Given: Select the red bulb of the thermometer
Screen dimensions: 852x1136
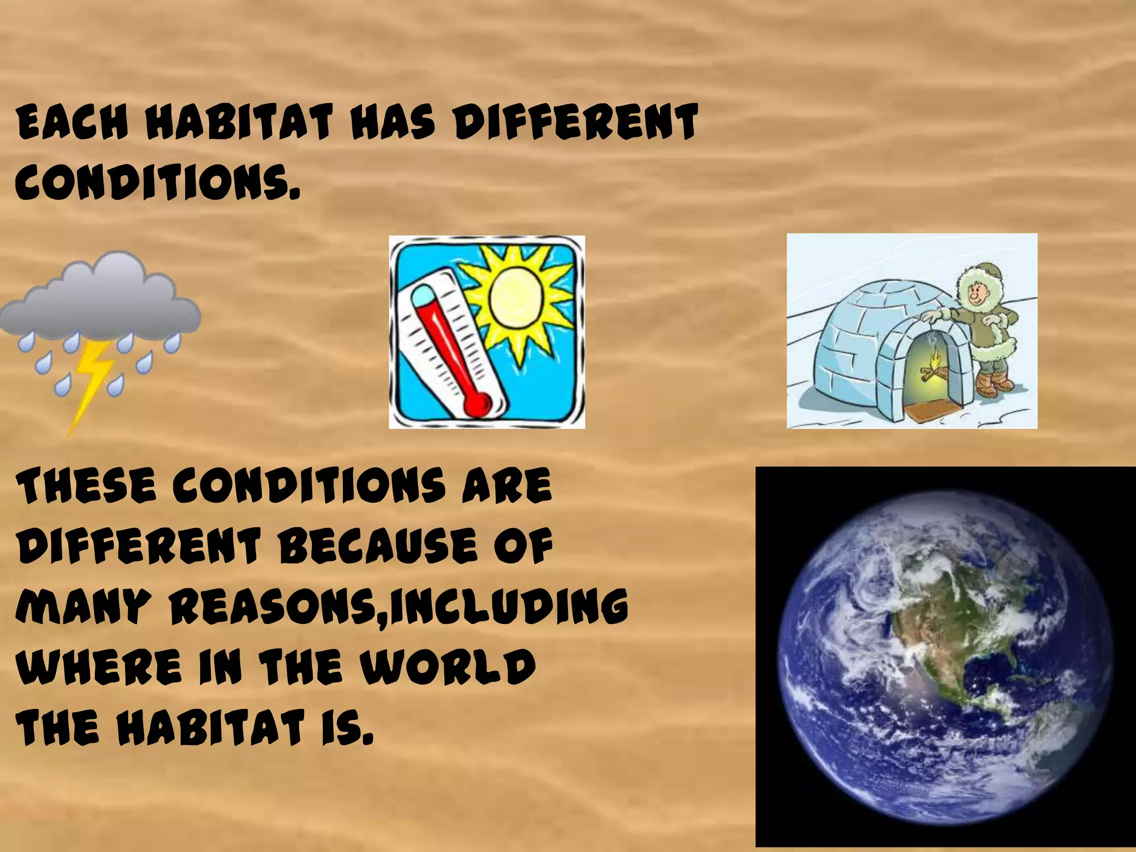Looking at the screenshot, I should (478, 403).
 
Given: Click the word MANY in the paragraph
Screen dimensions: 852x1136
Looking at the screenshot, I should (83, 606).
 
